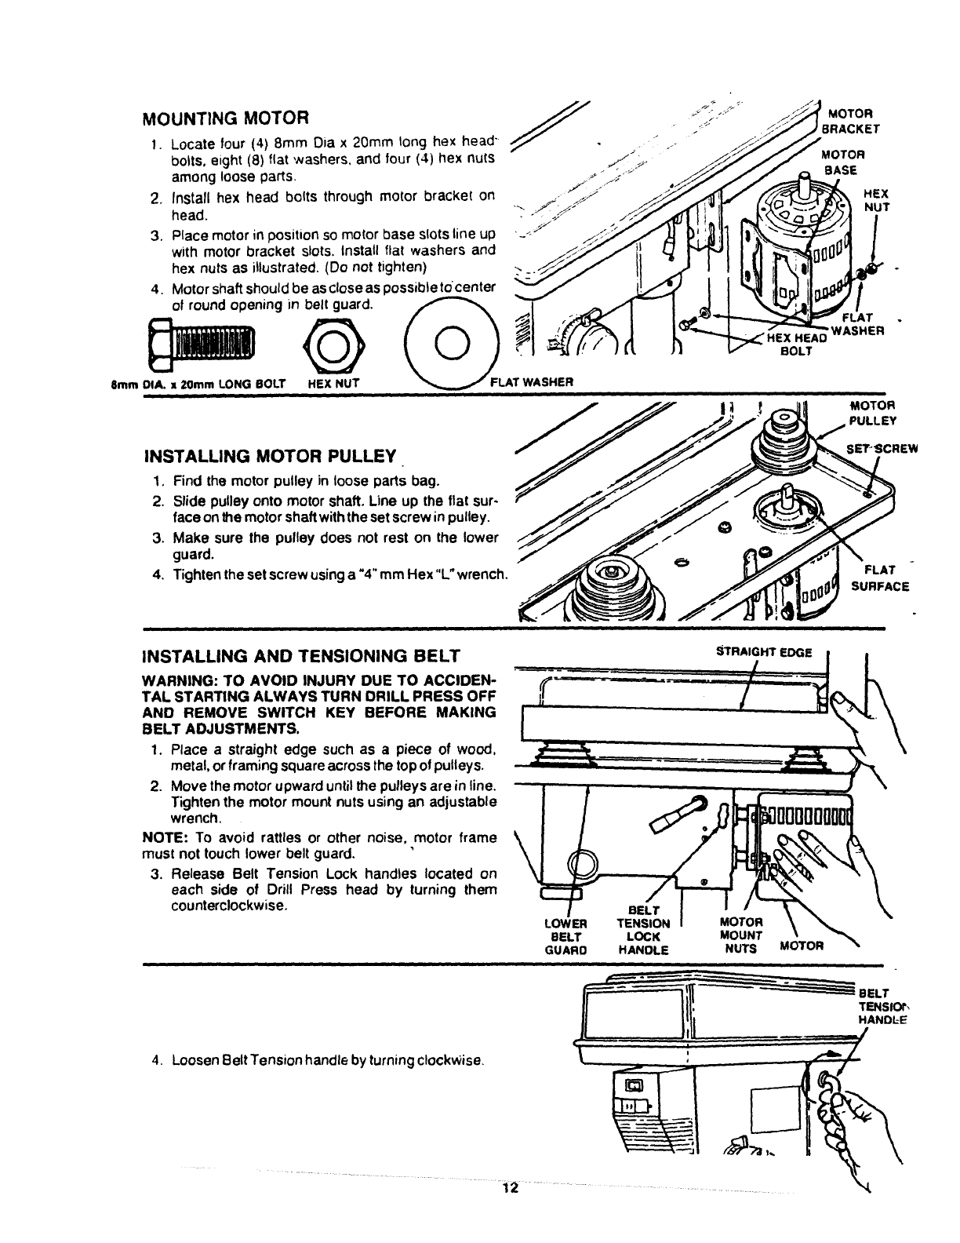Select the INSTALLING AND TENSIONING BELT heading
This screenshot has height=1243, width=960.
tap(300, 655)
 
